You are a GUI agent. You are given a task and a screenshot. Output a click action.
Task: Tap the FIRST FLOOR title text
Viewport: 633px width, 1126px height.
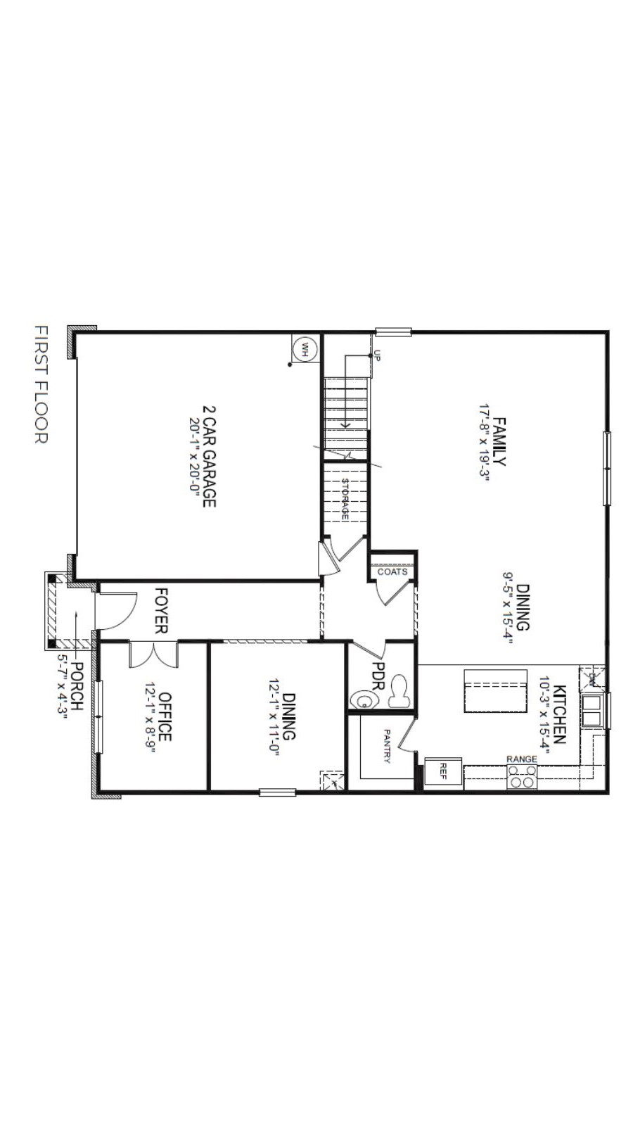[41, 384]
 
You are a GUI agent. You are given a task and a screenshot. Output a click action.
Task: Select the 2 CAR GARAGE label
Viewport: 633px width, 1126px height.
[209, 457]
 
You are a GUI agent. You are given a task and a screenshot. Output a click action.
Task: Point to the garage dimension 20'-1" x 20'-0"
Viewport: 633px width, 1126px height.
[195, 457]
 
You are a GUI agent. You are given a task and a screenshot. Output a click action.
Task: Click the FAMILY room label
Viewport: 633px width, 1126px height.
[499, 441]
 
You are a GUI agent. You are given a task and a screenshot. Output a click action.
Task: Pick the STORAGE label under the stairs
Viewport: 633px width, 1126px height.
[345, 499]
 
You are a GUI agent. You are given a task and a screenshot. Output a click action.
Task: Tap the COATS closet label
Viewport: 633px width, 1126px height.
[392, 571]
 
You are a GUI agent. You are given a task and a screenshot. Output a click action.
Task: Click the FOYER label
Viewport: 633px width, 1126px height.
[161, 610]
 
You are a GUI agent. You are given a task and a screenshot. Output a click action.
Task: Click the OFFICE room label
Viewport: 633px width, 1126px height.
[165, 717]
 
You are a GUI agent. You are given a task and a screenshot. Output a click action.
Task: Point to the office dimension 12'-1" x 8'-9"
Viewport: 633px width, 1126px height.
[151, 717]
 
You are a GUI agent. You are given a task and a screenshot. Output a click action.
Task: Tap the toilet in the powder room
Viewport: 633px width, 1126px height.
[400, 692]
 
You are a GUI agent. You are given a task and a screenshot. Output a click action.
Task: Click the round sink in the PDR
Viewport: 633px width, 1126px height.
[364, 700]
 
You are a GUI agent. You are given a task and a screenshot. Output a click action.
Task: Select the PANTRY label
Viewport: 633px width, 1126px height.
[388, 746]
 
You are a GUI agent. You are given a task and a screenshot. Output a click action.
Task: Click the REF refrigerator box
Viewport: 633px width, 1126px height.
[444, 771]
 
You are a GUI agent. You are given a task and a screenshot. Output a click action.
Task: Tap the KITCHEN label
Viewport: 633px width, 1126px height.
[560, 714]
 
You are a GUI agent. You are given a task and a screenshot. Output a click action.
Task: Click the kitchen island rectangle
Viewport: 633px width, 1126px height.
[496, 690]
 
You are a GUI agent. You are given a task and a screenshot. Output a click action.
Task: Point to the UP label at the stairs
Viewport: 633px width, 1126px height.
[378, 356]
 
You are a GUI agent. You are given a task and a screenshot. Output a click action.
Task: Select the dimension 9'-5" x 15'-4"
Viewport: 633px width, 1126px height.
[509, 608]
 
